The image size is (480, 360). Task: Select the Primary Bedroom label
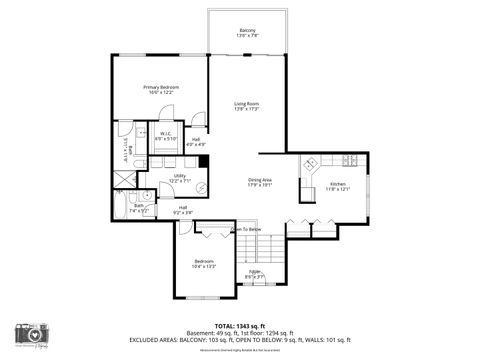(x=161, y=88)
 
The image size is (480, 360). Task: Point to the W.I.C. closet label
(x=167, y=134)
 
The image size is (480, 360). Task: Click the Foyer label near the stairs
(x=255, y=273)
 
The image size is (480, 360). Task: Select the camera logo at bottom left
(x=32, y=337)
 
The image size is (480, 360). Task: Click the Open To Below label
(x=247, y=229)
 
